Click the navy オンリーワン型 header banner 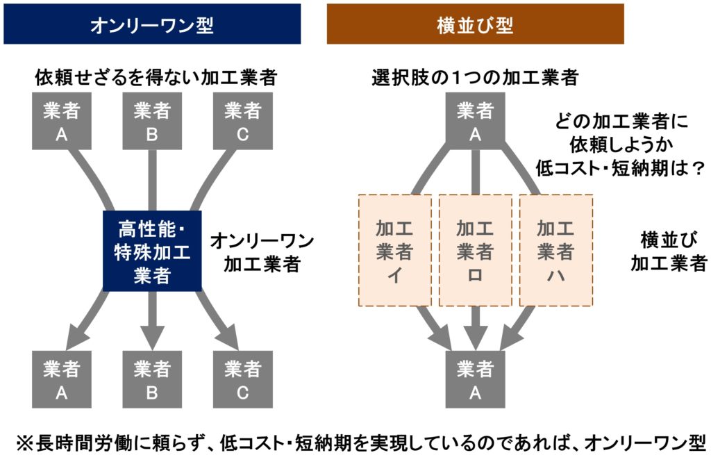tap(152, 24)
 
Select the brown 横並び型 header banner tap(475, 24)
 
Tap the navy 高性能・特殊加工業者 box tap(152, 251)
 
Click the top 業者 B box tap(152, 122)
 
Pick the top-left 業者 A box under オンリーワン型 tap(62, 122)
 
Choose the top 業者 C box tap(242, 122)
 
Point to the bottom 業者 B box tap(152, 379)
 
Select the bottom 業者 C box tap(242, 379)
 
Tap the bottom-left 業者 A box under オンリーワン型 tap(62, 379)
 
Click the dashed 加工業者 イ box tap(394, 251)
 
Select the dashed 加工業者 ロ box tap(475, 251)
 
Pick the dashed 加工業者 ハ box tap(556, 251)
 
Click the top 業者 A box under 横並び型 tap(475, 122)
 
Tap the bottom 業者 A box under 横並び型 tap(475, 379)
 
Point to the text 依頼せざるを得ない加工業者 tap(156, 78)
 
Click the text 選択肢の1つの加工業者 tap(475, 78)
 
